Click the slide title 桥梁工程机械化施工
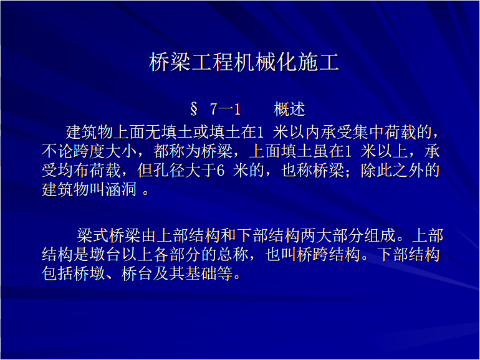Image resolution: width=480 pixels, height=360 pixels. [244, 62]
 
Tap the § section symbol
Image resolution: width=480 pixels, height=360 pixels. [194, 109]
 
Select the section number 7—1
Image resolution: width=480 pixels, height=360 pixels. [225, 109]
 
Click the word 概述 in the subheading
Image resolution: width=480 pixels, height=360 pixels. [289, 109]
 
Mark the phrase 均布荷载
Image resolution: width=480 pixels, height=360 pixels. [90, 171]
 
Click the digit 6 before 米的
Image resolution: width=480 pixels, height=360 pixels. [221, 171]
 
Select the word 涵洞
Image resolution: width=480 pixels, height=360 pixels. [121, 189]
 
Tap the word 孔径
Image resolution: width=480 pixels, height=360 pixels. [170, 171]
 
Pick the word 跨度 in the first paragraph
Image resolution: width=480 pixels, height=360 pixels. [90, 151]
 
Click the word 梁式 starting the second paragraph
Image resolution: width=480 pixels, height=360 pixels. [92, 235]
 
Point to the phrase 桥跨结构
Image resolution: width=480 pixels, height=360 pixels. [329, 255]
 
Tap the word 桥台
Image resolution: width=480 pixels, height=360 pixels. [137, 273]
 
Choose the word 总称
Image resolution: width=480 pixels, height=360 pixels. [233, 255]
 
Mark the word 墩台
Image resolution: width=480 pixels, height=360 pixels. [105, 255]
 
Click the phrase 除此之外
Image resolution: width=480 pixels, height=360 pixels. [392, 171]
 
